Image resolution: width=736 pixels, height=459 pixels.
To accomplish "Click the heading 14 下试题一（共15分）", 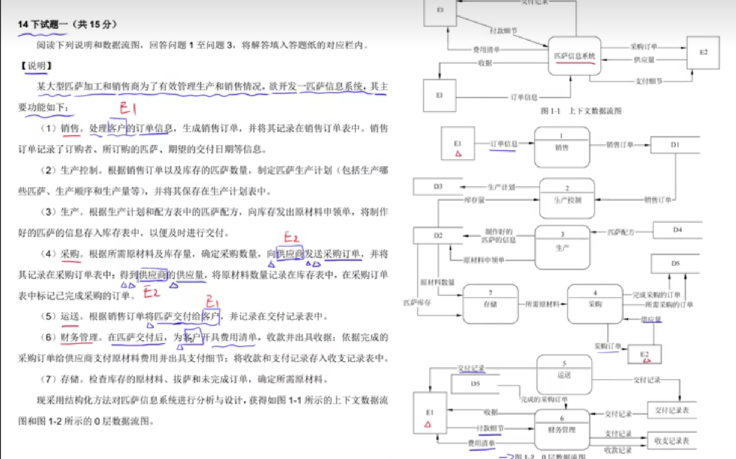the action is click(x=67, y=24).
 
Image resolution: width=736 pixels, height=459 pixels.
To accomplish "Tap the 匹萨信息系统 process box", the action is click(x=574, y=56).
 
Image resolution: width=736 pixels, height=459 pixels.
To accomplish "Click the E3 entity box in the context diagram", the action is click(x=439, y=95).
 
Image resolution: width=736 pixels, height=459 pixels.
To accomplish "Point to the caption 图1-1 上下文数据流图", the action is click(x=581, y=111).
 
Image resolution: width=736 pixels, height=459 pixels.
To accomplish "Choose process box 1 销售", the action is click(x=562, y=147).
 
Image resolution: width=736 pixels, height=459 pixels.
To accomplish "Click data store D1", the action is click(x=675, y=145).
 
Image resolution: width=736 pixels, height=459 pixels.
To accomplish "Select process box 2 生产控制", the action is click(x=567, y=198).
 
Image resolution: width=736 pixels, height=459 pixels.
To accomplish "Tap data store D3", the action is click(x=438, y=186).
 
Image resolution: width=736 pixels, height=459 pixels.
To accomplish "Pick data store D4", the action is click(x=677, y=230).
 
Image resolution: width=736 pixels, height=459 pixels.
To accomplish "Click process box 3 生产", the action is click(x=562, y=247).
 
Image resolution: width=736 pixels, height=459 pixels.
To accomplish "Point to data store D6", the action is click(x=675, y=264).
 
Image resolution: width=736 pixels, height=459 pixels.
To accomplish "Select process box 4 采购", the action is click(x=595, y=303).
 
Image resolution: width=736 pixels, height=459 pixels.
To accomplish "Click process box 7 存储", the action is click(x=490, y=303).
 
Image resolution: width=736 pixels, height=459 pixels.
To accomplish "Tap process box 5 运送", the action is click(x=564, y=374).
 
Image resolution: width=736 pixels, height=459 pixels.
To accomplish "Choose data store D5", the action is click(x=475, y=384).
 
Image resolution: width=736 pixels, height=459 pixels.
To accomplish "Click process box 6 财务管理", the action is click(x=562, y=429).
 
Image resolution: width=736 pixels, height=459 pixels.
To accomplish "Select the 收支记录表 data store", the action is click(x=671, y=441).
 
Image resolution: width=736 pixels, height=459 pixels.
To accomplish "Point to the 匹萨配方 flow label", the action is click(x=621, y=232).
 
